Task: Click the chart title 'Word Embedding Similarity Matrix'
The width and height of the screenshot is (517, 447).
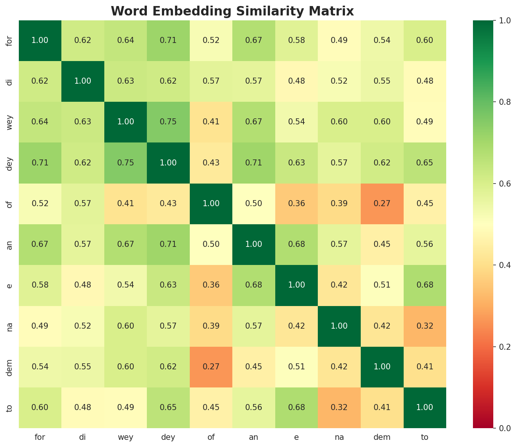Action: pyautogui.click(x=232, y=11)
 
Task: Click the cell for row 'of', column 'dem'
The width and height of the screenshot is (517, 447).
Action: pyautogui.click(x=382, y=204)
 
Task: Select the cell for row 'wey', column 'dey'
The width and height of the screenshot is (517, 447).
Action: pyautogui.click(x=168, y=122)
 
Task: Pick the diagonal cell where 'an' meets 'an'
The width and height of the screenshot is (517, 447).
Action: pyautogui.click(x=254, y=244)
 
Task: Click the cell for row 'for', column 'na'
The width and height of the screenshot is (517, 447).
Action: pyautogui.click(x=339, y=41)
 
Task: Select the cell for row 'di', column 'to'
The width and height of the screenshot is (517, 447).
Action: pyautogui.click(x=425, y=81)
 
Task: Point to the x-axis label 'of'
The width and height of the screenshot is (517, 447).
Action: pyautogui.click(x=211, y=437)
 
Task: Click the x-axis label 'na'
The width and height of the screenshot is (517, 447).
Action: pyautogui.click(x=339, y=437)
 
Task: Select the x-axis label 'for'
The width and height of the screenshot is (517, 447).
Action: pyautogui.click(x=40, y=437)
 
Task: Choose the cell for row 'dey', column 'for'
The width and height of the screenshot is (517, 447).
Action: pyautogui.click(x=40, y=163)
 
